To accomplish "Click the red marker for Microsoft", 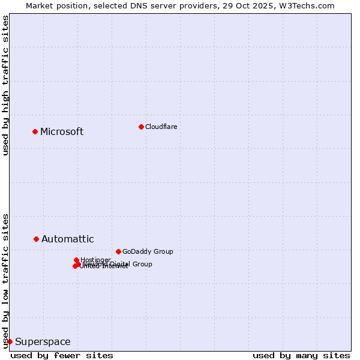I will pos(35,131).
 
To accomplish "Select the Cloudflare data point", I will pos(141,127).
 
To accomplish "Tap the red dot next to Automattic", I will pos(37,239).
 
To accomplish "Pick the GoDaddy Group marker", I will pos(118,251).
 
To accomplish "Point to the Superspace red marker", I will pos(10,341).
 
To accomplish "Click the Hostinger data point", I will pos(77,260).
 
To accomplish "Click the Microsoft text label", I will pos(62,132).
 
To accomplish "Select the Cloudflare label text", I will pos(161,127).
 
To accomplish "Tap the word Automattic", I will pos(67,239).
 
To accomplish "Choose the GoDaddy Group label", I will pos(148,251).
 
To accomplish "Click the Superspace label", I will pos(43,342).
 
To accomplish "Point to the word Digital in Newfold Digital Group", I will pos(120,264).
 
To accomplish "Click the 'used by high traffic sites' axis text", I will pos(6,85).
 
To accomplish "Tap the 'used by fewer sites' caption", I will pos(62,355).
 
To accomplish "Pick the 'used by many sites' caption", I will pos(301,355).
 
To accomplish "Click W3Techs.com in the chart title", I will pos(308,5).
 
